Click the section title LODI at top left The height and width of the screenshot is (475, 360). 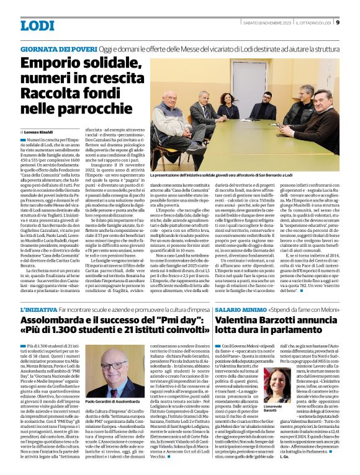click(38, 25)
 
